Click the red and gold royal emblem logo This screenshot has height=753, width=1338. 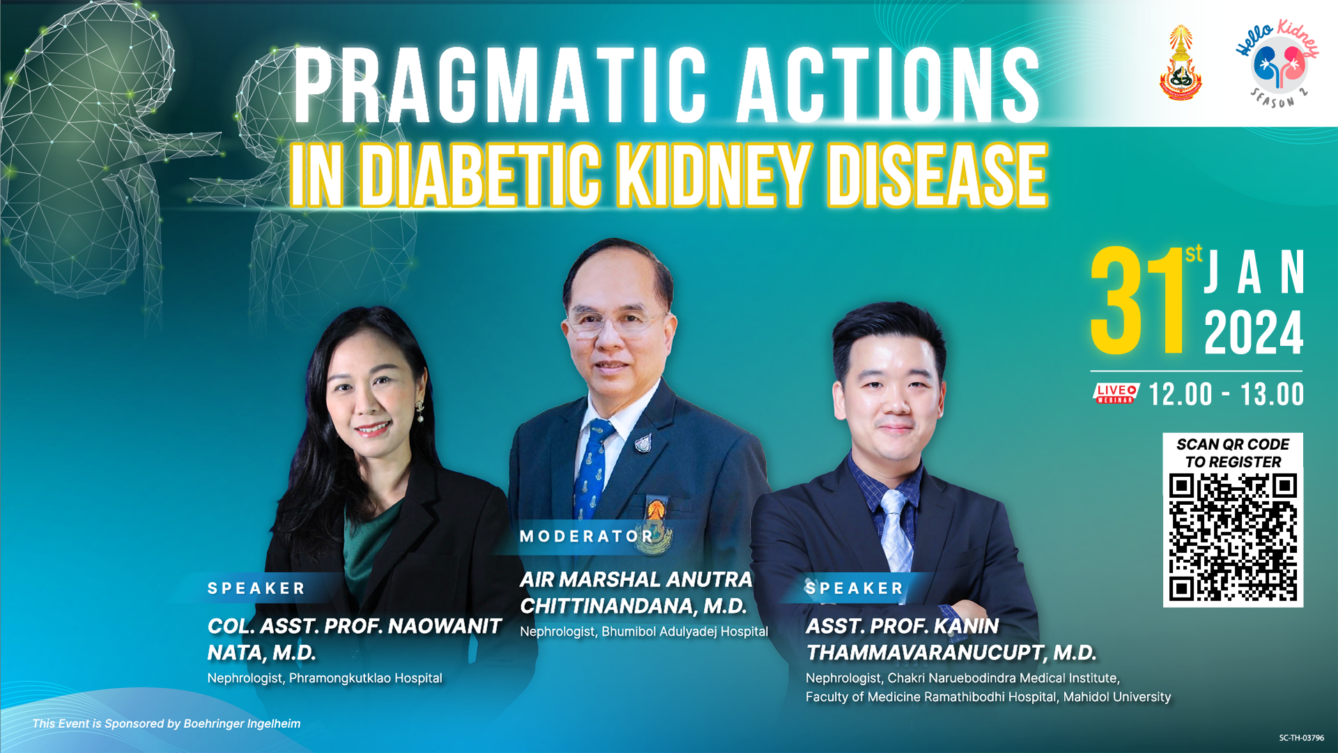[1181, 64]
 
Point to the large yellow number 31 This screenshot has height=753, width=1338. [1137, 302]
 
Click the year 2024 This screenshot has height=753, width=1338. [1254, 334]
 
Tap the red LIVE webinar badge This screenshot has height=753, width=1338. [1115, 394]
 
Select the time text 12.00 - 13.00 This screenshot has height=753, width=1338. [1226, 395]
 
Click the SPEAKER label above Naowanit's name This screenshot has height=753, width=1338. [256, 588]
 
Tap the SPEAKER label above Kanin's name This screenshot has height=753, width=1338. [854, 588]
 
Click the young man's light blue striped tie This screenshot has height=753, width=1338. [895, 526]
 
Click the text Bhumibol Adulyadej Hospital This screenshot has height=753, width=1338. [684, 632]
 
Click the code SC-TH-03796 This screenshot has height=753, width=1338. [1301, 738]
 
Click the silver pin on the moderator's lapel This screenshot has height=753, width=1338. [643, 443]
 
